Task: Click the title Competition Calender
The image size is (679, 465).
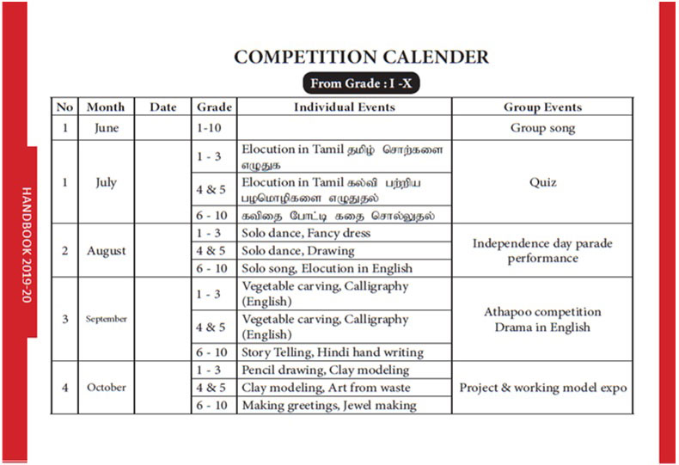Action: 362,58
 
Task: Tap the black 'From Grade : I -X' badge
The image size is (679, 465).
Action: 361,84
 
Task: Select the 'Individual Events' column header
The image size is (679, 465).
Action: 344,107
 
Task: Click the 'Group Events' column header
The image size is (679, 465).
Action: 542,107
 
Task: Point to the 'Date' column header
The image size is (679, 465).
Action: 162,107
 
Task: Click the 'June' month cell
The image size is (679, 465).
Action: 106,128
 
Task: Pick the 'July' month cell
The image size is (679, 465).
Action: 106,182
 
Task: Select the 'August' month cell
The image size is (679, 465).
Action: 106,251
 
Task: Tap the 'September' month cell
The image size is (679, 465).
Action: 106,319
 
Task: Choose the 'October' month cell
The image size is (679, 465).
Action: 106,387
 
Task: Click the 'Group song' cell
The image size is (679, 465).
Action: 542,128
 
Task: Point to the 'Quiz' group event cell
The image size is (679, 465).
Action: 542,182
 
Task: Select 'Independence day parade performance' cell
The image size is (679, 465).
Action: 542,250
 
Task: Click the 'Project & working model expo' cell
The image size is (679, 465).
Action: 542,388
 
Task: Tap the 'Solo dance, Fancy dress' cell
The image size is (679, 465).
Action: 306,234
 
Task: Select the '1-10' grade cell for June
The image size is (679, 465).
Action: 214,128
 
